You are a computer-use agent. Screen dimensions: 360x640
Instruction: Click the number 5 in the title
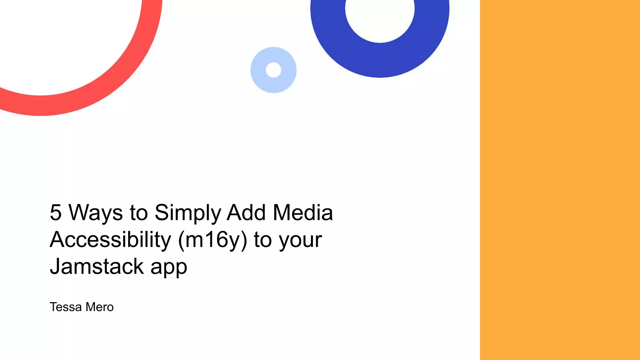[x=56, y=212]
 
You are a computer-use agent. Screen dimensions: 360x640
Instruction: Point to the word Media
[x=302, y=212]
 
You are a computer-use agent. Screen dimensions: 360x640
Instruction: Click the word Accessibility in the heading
[x=110, y=240]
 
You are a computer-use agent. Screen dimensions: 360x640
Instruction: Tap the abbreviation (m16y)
[x=212, y=240]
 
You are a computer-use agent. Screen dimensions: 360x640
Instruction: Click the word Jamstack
[x=97, y=266]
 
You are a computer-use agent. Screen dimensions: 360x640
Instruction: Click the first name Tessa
[x=66, y=307]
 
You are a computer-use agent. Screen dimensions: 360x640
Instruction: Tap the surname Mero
[x=99, y=307]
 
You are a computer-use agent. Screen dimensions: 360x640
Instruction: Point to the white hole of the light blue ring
[x=273, y=70]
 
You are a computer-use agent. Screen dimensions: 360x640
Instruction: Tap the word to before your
[x=262, y=240]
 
